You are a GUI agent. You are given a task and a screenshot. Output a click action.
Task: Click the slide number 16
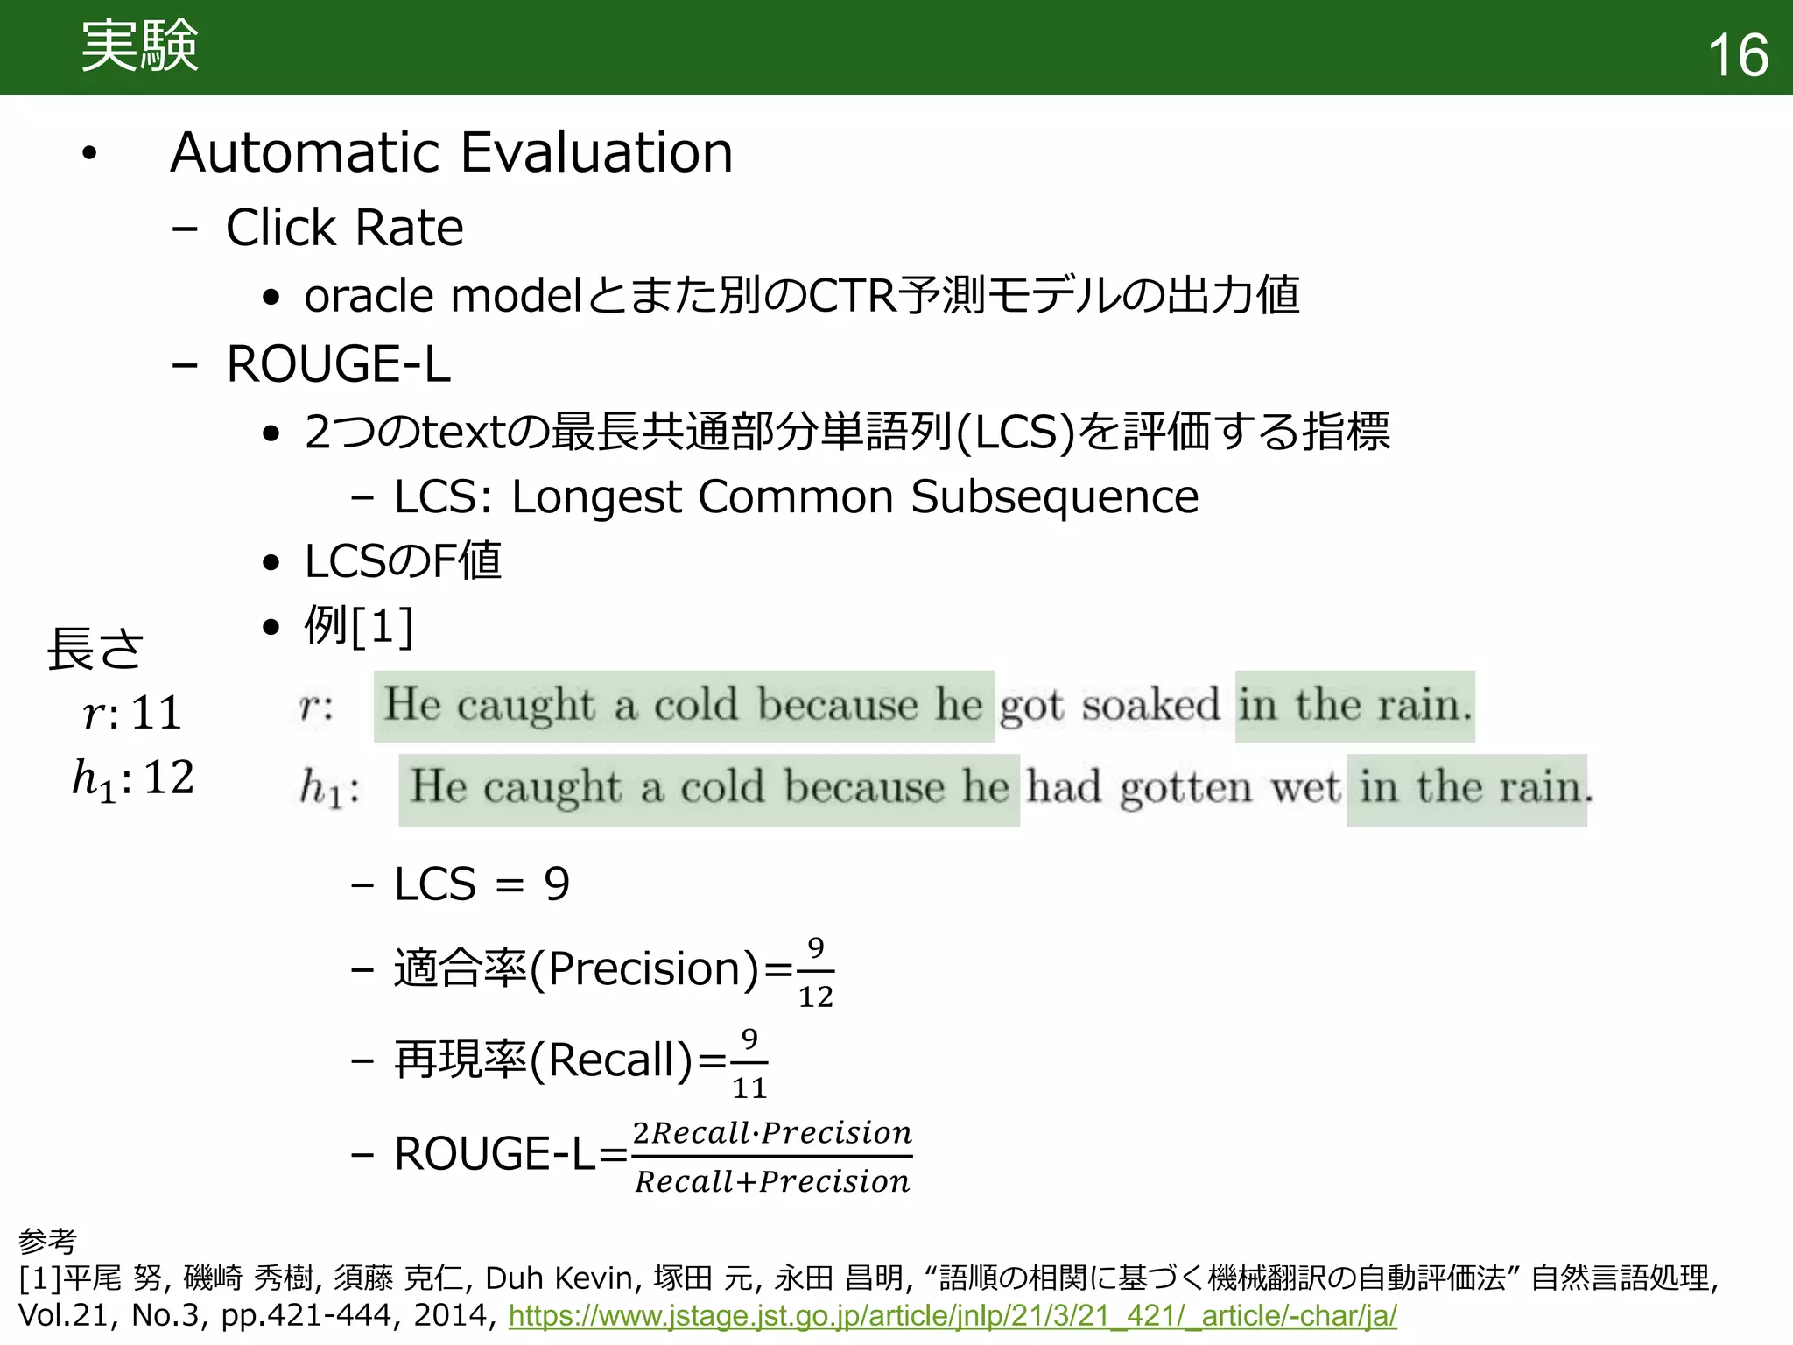pyautogui.click(x=1737, y=54)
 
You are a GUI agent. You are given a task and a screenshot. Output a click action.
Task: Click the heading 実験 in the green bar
pyautogui.click(x=140, y=46)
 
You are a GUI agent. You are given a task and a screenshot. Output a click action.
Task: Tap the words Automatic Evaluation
pyautogui.click(x=451, y=152)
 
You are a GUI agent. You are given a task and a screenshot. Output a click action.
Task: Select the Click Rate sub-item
pyautogui.click(x=344, y=228)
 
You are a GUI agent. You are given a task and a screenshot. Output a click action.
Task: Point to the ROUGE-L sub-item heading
pyautogui.click(x=338, y=364)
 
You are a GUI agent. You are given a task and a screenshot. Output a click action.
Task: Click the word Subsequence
pyautogui.click(x=1054, y=497)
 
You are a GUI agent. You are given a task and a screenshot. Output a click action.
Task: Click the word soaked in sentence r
pyautogui.click(x=1150, y=705)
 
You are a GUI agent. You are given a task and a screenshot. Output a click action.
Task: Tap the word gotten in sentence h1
pyautogui.click(x=1186, y=787)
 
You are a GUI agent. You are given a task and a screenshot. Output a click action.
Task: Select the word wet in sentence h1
pyautogui.click(x=1305, y=787)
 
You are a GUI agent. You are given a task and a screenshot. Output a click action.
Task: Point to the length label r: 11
pyautogui.click(x=132, y=712)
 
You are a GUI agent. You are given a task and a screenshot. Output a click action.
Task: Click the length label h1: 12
pyautogui.click(x=132, y=778)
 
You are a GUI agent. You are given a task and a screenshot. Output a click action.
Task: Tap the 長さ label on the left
pyautogui.click(x=95, y=649)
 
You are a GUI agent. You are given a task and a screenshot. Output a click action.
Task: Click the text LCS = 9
pyautogui.click(x=482, y=884)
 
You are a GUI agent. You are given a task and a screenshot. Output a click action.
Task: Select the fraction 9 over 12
pyautogui.click(x=815, y=972)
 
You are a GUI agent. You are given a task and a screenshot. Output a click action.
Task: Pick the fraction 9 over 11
pyautogui.click(x=749, y=1063)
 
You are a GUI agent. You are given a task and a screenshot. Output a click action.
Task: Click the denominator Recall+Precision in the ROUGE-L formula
pyautogui.click(x=772, y=1182)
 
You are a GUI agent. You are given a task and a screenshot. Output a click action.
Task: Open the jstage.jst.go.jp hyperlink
pyautogui.click(x=953, y=1315)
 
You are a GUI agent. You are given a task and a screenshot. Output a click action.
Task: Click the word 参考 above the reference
pyautogui.click(x=47, y=1240)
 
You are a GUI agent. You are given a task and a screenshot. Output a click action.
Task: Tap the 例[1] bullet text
pyautogui.click(x=358, y=626)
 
